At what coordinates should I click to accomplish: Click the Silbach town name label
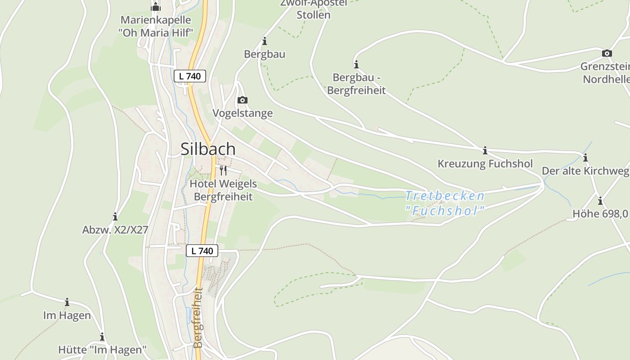[x=208, y=149]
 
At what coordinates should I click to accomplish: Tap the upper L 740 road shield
[x=190, y=76]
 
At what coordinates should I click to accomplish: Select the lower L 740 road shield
[x=202, y=251]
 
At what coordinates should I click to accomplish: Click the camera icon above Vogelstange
[x=243, y=100]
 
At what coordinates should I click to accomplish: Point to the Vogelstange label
[x=243, y=113]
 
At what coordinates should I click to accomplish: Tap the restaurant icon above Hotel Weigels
[x=223, y=170]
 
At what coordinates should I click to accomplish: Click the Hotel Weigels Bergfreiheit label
[x=223, y=190]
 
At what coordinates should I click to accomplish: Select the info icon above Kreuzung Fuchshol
[x=485, y=150]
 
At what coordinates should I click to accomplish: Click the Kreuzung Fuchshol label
[x=485, y=163]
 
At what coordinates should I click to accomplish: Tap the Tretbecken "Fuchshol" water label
[x=445, y=203]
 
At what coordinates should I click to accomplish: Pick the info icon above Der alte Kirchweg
[x=585, y=157]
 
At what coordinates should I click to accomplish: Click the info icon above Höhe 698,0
[x=600, y=201]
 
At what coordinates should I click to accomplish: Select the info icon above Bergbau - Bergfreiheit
[x=356, y=64]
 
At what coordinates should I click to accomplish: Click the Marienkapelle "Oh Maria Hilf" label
[x=156, y=26]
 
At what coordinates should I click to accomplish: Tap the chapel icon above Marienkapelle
[x=156, y=7]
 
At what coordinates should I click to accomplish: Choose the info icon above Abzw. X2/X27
[x=115, y=216]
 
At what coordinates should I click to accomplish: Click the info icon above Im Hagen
[x=67, y=302]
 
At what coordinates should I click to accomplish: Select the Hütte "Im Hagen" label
[x=103, y=350]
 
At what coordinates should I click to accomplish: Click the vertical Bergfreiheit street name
[x=198, y=318]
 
